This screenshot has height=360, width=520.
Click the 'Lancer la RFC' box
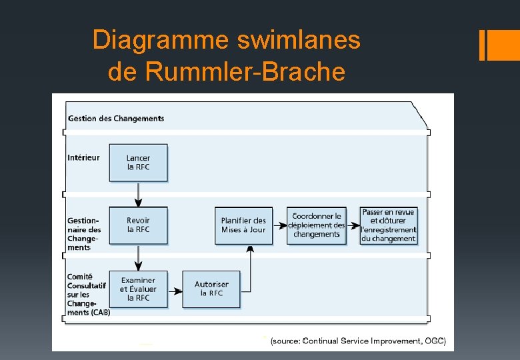[x=138, y=163]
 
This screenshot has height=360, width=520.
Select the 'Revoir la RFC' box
[x=138, y=225]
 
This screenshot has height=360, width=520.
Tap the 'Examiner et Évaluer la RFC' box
[x=138, y=289]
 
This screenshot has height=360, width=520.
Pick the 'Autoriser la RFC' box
[x=211, y=289]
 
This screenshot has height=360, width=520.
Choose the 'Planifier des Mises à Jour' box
[x=243, y=225]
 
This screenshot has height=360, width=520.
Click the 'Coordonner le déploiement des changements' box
[x=317, y=225]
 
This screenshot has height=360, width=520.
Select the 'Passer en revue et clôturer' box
[x=389, y=225]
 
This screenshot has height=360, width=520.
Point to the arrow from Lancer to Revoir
[x=139, y=194]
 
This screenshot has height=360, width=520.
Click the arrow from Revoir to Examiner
[x=139, y=257]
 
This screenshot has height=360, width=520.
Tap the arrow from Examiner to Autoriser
[x=175, y=291]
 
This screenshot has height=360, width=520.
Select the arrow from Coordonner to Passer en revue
[x=353, y=226]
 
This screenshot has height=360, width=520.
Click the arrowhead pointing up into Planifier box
[x=251, y=249]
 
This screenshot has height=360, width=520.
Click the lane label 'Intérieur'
[x=83, y=157]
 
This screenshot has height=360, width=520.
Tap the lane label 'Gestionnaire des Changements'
[x=84, y=233]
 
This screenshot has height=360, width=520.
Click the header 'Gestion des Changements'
[x=116, y=119]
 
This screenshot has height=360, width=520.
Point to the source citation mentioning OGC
[x=358, y=341]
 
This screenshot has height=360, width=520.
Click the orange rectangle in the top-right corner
[x=499, y=45]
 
